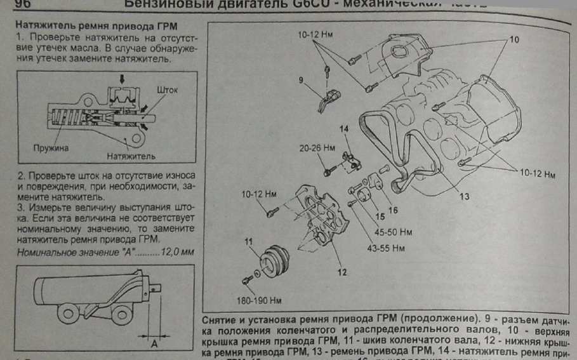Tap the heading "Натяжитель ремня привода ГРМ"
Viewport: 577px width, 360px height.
(95, 27)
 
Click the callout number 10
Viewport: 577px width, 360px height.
(514, 40)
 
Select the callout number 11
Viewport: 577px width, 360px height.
(249, 240)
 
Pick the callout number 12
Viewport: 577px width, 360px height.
(342, 274)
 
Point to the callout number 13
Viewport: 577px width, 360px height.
(465, 196)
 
